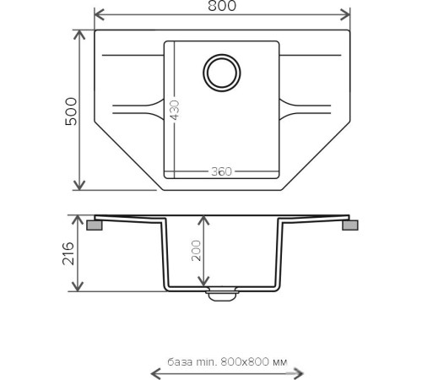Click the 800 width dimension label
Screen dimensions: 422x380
pyautogui.click(x=222, y=6)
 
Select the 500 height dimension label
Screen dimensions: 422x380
pyautogui.click(x=71, y=111)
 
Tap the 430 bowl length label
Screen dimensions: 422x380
pyautogui.click(x=175, y=110)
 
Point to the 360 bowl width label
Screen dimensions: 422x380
pyautogui.click(x=221, y=171)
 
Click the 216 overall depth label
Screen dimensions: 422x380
pyautogui.click(x=68, y=253)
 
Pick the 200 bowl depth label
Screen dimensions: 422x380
pyautogui.click(x=196, y=251)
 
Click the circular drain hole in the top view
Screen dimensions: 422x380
pyautogui.click(x=222, y=73)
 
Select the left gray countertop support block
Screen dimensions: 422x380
pyautogui.click(x=95, y=225)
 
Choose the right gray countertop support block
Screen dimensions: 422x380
pyautogui.click(x=350, y=225)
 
